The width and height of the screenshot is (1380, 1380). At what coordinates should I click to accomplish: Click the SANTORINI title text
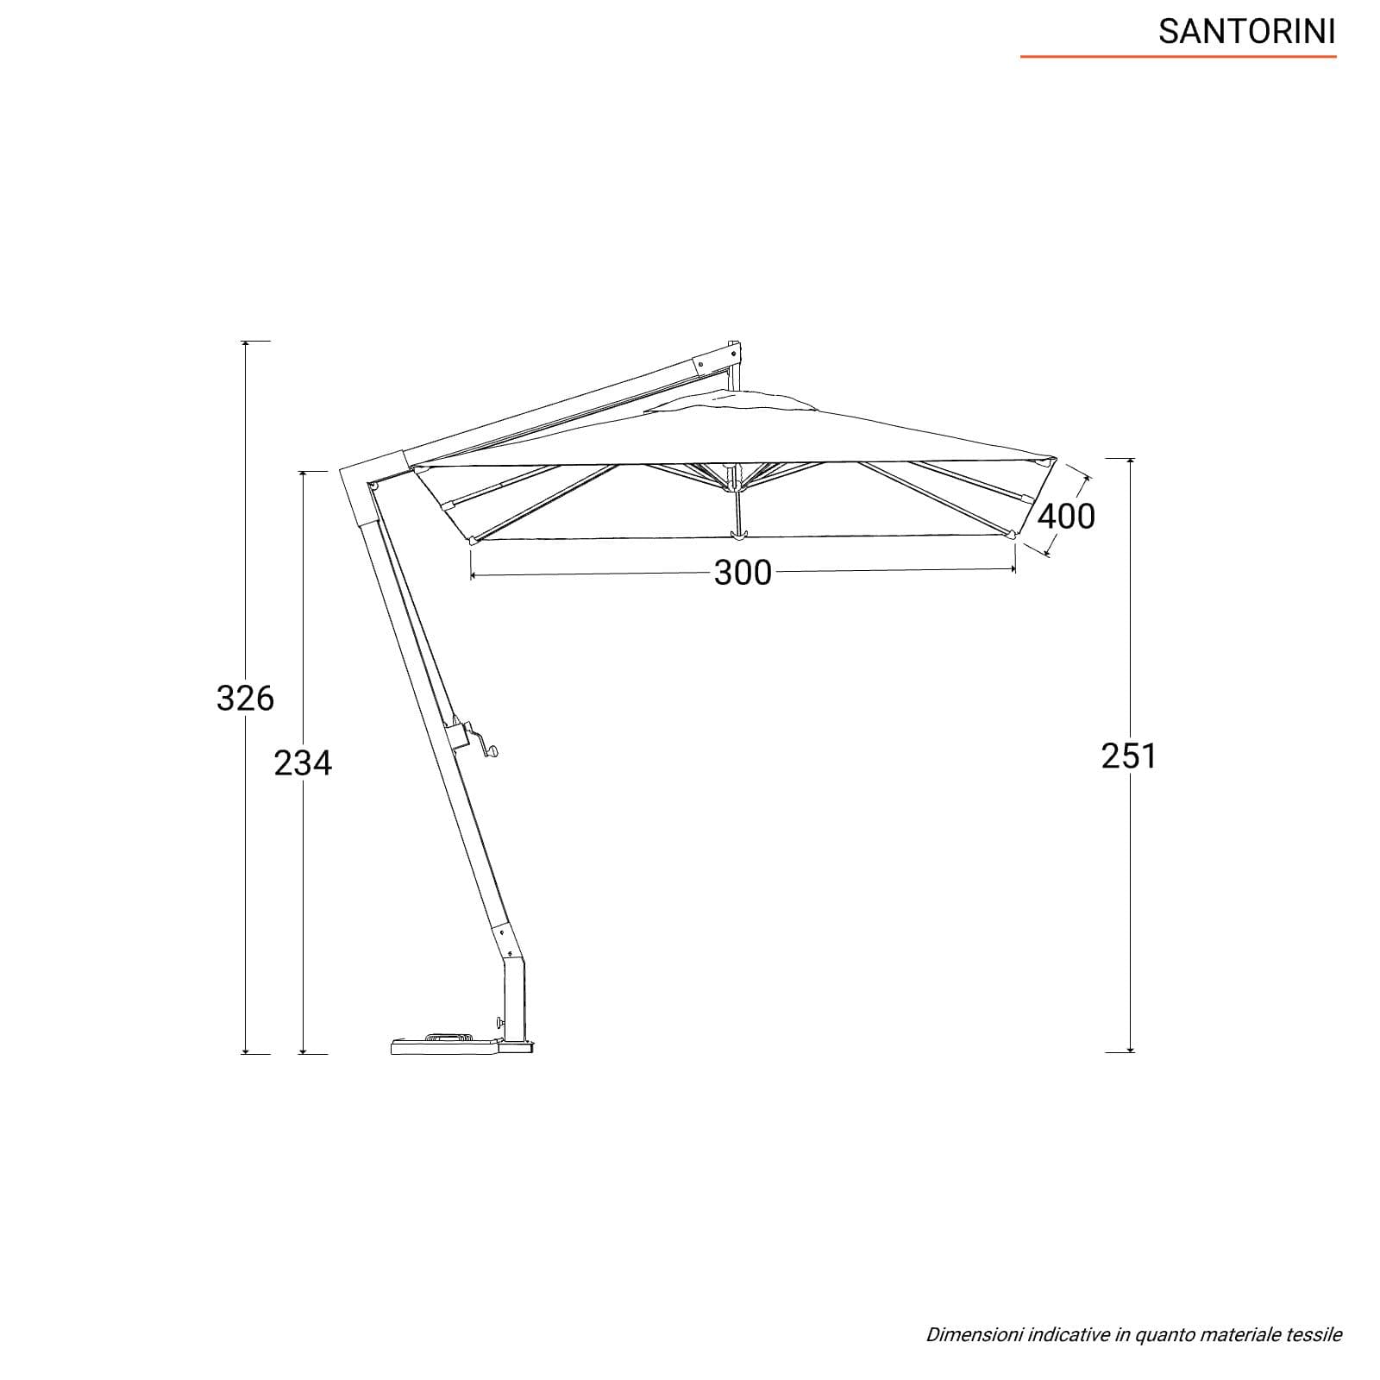pyautogui.click(x=1246, y=32)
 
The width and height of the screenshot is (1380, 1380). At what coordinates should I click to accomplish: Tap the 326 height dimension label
pyautogui.click(x=245, y=698)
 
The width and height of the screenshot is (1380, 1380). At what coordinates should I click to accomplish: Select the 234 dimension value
pyautogui.click(x=303, y=762)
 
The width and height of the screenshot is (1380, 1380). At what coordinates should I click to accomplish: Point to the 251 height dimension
pyautogui.click(x=1129, y=756)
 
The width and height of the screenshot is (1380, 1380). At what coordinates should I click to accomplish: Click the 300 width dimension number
pyautogui.click(x=743, y=573)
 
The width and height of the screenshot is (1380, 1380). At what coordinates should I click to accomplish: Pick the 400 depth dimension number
pyautogui.click(x=1066, y=516)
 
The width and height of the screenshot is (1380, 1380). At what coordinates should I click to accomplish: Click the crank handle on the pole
pyautogui.click(x=473, y=738)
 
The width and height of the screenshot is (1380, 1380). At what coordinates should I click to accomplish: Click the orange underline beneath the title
pyautogui.click(x=1178, y=57)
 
